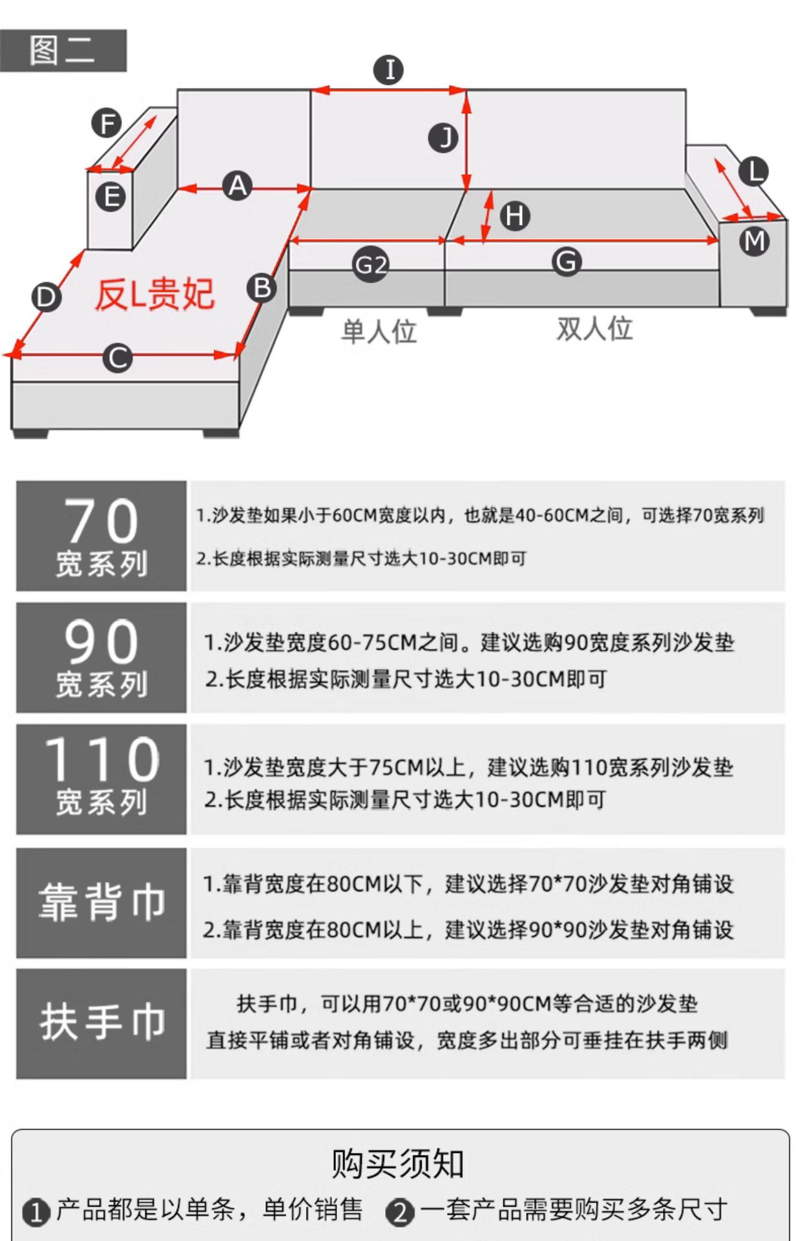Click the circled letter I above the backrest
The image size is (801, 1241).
pos(389,70)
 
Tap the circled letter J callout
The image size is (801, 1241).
pos(444,138)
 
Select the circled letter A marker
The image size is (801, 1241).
pos(237,186)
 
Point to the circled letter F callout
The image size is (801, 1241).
pos(107,123)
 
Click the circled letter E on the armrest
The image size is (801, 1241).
pos(110,196)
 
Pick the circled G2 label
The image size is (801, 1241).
pos(371,265)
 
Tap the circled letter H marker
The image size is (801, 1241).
pos(515,216)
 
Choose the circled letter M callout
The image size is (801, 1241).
pos(754,241)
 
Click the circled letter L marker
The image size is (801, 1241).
pos(753,171)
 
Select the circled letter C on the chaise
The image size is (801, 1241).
pos(118,357)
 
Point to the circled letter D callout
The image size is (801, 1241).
pos(47,298)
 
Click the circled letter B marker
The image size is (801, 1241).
pos(262,288)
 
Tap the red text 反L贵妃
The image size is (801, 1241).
pos(155,295)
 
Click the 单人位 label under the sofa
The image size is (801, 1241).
pos(379,332)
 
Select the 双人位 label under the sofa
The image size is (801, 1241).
pos(594,328)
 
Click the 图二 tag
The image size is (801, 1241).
pos(63,50)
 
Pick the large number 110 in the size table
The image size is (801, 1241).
pos(102,759)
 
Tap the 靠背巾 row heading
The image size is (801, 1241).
pos(102,902)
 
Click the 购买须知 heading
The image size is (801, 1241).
pos(398,1164)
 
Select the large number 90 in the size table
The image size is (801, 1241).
pos(102,642)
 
